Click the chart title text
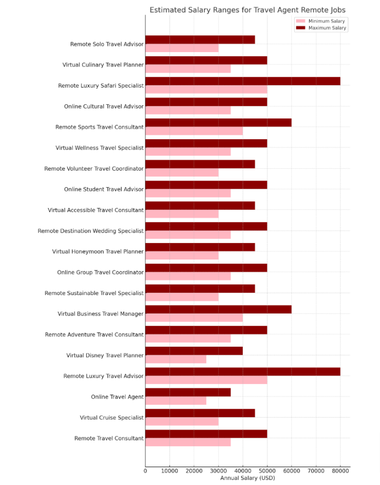click(247, 10)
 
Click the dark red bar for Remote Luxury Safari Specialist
click(242, 81)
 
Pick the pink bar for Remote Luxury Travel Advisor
click(206, 380)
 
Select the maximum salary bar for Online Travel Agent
click(188, 392)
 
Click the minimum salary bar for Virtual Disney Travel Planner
click(176, 359)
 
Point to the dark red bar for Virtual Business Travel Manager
click(218, 309)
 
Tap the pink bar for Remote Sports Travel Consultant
click(194, 131)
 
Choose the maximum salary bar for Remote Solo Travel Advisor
click(200, 40)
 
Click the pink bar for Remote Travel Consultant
click(188, 442)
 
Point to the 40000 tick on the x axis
click(242, 471)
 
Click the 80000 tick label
click(340, 471)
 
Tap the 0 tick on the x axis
click(145, 471)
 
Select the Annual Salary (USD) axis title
click(247, 478)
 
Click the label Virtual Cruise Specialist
click(112, 418)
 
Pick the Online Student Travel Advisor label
click(104, 189)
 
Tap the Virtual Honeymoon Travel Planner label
click(97, 251)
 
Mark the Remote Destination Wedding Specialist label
click(90, 231)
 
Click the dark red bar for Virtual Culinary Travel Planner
click(206, 60)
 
